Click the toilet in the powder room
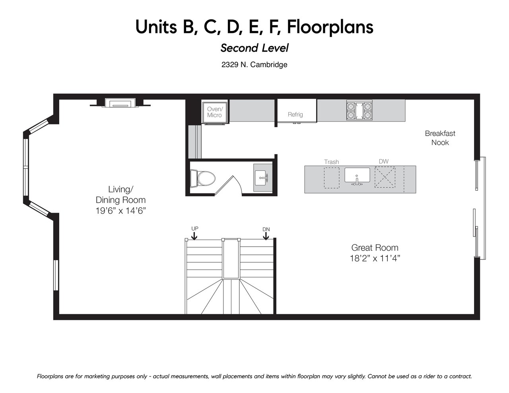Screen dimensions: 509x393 pos(202,178)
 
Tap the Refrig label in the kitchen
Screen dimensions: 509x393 pos(295,114)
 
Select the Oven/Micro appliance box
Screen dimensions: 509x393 pos(214,112)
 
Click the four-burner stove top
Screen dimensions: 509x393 pos(359,110)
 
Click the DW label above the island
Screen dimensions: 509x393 pos(383,161)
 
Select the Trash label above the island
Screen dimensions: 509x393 pos(331,162)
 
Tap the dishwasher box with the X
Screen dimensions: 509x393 pos(385,177)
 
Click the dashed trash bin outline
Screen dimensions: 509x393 pos(332,178)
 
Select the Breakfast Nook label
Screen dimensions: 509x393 pos(440,138)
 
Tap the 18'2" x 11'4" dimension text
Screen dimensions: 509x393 pos(375,258)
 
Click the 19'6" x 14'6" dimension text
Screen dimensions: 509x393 pos(120,211)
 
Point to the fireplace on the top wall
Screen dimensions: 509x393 pos(120,103)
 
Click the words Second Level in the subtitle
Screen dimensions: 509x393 pos(254,48)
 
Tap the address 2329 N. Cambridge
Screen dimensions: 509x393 pos(254,65)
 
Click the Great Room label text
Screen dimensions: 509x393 pos(375,248)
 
